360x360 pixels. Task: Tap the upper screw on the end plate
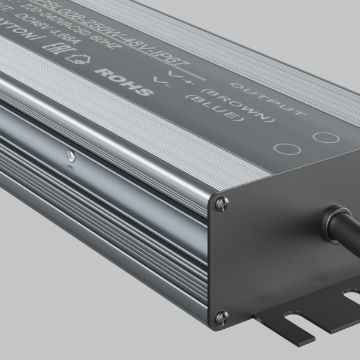(x=221, y=203)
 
